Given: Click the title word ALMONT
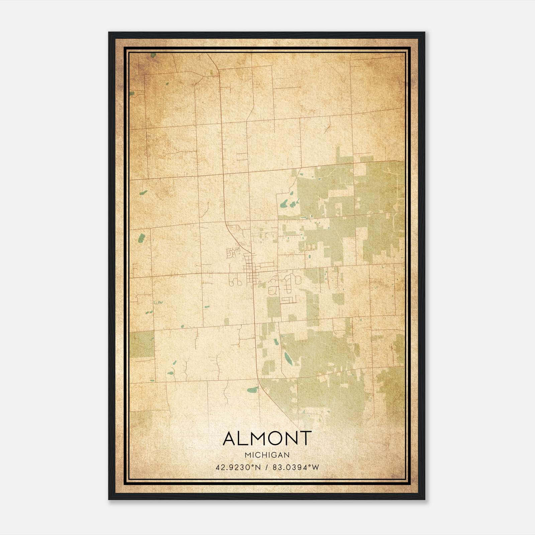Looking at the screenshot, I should click(267, 438).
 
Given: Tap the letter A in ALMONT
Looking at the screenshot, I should click(230, 438).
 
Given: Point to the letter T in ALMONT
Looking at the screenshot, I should click(305, 438).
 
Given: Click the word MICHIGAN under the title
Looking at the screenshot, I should click(267, 455).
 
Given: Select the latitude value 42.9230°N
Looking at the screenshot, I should click(238, 467).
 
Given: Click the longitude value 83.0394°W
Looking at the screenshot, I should click(296, 467).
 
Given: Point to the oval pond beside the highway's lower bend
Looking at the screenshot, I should click(253, 390).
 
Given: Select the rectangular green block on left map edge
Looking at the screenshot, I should click(142, 344).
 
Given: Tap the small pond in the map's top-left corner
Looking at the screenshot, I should click(153, 55).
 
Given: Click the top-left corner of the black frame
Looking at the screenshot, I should click(109, 33).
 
